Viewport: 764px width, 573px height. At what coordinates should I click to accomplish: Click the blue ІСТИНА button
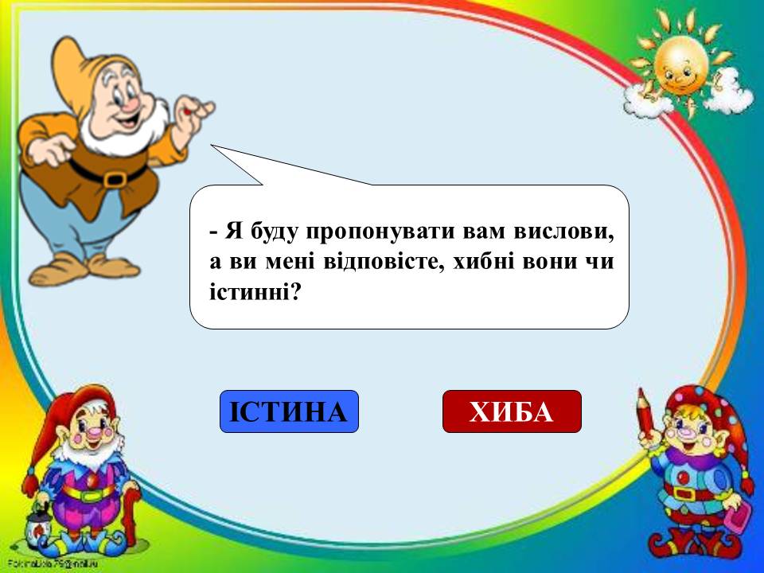tap(289, 411)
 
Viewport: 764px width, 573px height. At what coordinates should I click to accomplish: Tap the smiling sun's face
tap(680, 66)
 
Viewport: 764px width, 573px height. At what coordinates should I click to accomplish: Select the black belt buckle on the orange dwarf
tap(115, 177)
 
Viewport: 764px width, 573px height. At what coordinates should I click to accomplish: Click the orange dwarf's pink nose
tap(132, 104)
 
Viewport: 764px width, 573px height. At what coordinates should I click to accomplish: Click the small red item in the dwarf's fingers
tap(188, 111)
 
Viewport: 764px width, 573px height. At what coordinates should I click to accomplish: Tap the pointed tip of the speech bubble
tap(211, 145)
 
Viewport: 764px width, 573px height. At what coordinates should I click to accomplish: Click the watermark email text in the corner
tap(53, 563)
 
